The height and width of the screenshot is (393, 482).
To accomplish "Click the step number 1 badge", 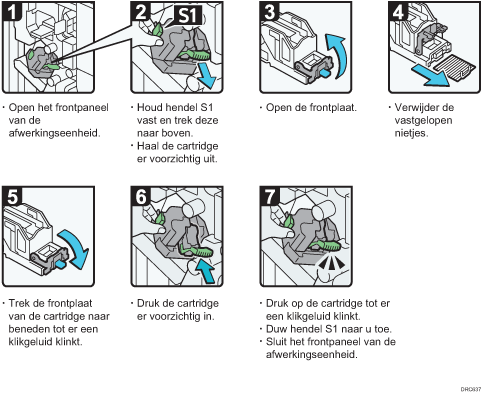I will (14, 13).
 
